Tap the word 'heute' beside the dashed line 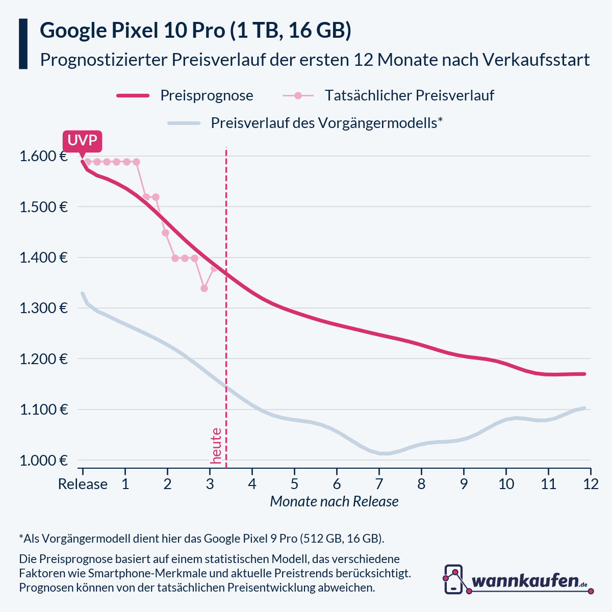[216, 446]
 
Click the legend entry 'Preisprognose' [206, 95]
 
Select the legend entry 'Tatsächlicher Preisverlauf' [409, 95]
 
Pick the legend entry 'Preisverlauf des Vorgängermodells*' [326, 123]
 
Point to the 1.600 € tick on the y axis [43, 157]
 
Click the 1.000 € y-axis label [43, 461]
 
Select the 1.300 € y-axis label [43, 309]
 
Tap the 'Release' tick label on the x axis [83, 484]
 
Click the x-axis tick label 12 [591, 484]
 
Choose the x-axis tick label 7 [379, 484]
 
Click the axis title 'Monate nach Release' [334, 502]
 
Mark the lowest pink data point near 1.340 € [204, 288]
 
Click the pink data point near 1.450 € [165, 233]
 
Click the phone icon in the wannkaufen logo [453, 579]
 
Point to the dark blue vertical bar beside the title [23, 44]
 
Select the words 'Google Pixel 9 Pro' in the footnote [250, 539]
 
